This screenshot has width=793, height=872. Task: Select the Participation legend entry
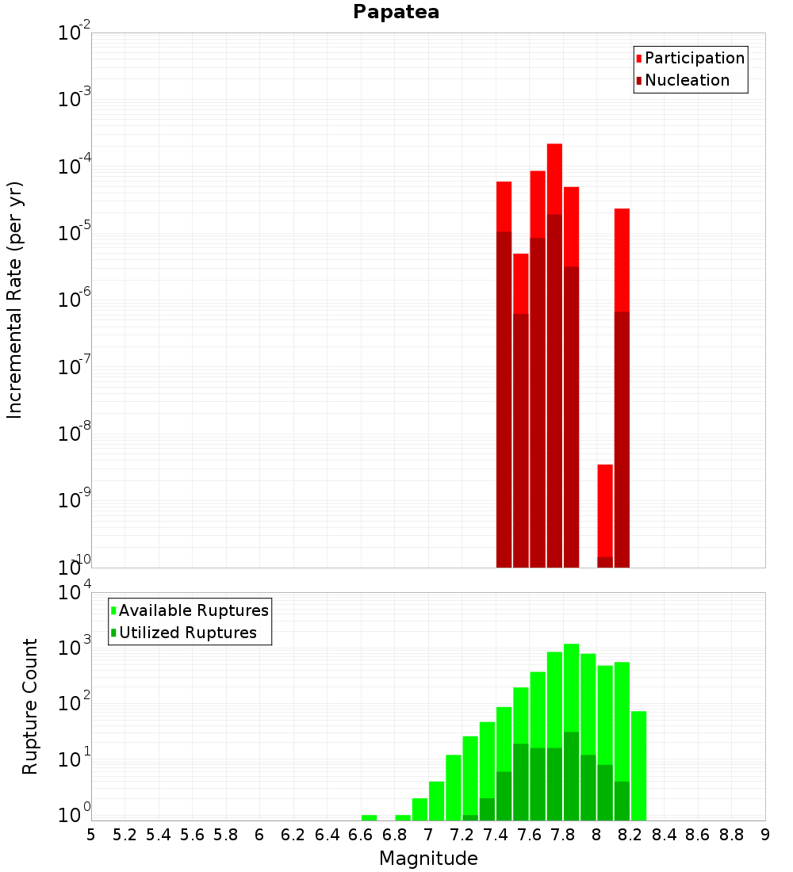coord(694,58)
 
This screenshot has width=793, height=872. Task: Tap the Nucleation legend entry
coord(686,80)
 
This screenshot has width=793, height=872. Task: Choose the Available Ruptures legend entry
coord(193,610)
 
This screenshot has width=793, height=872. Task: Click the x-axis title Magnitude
coord(428,859)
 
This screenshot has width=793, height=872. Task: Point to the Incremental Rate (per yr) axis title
coord(15,300)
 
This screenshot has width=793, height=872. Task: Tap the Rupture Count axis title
coord(30,706)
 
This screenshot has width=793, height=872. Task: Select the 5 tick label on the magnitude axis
coord(91,835)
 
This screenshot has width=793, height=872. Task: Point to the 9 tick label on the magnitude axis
coord(764,835)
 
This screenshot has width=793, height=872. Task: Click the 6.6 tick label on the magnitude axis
coord(361,835)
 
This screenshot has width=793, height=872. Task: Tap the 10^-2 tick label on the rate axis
coord(75,34)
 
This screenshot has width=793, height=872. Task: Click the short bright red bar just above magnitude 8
coord(605,507)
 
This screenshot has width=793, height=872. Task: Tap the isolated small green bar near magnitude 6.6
coord(369,817)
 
